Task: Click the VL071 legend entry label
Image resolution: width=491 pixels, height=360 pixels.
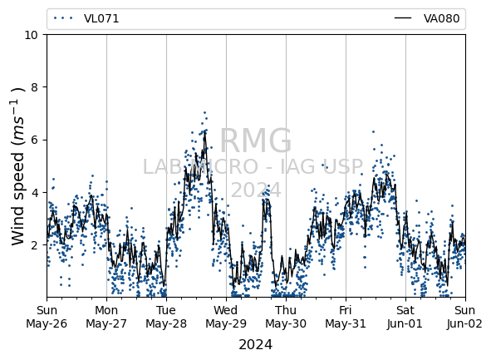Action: coord(101,18)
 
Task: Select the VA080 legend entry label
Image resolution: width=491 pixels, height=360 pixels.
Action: coord(441,18)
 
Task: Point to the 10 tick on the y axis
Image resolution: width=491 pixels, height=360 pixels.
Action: coord(31,35)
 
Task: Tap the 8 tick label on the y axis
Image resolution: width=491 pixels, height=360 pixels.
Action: coord(34,87)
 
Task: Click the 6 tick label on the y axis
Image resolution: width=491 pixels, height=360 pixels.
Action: coord(34,140)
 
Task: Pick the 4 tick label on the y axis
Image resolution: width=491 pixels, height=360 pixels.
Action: coord(34,192)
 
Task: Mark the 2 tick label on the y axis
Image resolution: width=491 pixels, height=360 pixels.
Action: coord(34,244)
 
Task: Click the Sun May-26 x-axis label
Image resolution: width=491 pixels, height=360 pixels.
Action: coord(47,317)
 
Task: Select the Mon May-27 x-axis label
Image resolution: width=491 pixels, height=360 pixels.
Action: coord(106,317)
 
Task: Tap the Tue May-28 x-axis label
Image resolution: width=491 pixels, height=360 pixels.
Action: coord(166,317)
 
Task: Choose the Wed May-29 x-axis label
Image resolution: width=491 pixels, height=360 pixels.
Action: coord(226,317)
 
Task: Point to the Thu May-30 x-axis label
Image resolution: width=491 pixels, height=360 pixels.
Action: coord(286,317)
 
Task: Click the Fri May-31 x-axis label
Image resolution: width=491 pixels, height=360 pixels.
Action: coord(346,317)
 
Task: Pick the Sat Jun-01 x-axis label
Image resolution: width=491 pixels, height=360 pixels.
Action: coord(405,317)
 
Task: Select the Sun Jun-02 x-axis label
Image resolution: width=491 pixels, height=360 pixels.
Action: coord(465,317)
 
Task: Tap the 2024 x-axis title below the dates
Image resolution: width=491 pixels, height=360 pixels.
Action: coord(256,345)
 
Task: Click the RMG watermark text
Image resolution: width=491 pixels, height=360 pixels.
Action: coord(256,141)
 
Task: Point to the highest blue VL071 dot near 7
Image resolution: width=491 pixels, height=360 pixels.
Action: coord(205,112)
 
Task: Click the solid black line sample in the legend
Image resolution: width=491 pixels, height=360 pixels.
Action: coord(403,18)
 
